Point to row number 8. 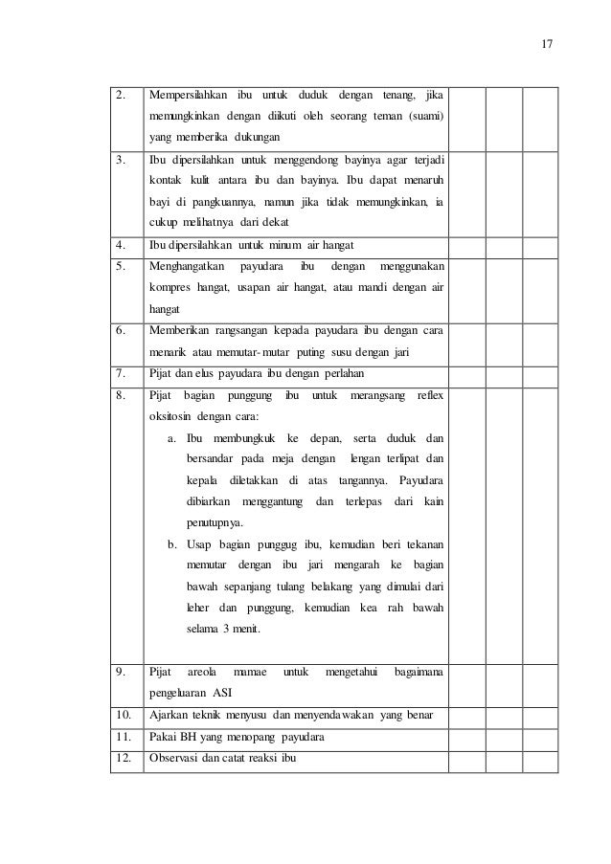[121, 395]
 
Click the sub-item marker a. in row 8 [170, 438]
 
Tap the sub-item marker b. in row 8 [171, 544]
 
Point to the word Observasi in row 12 [170, 760]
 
